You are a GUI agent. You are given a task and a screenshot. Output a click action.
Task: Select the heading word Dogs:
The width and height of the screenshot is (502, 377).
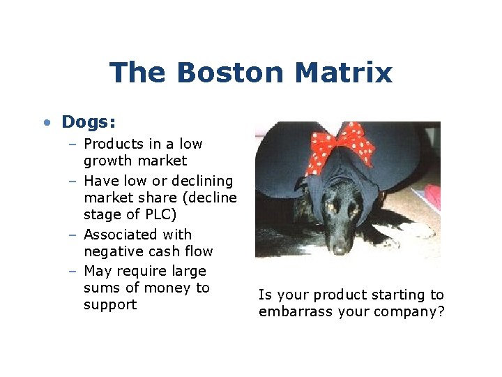(89, 122)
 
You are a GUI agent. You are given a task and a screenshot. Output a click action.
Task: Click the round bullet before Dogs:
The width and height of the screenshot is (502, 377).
(46, 123)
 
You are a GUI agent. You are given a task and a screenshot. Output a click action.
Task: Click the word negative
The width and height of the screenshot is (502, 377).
(113, 251)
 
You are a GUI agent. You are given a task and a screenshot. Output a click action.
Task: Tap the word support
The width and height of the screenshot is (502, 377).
(110, 305)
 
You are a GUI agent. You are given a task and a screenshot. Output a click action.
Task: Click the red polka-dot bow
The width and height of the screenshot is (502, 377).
(342, 145)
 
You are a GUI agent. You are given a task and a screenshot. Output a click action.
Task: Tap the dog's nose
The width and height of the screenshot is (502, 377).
(340, 247)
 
